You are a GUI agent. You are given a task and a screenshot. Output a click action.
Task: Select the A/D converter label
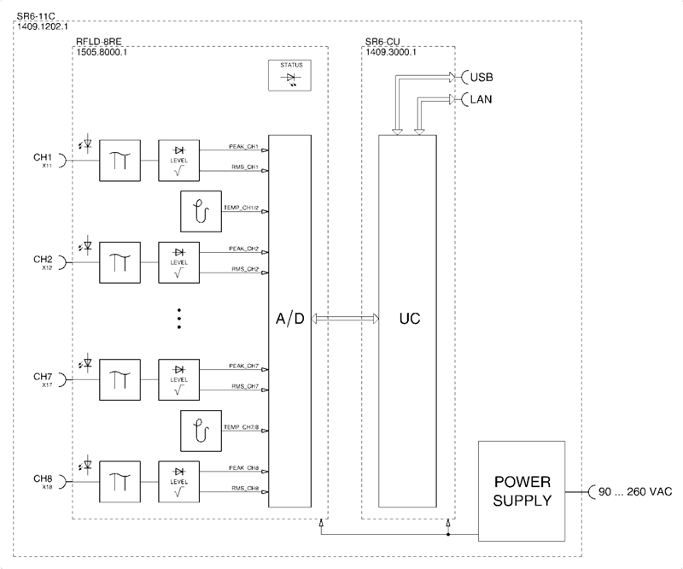[x=289, y=319]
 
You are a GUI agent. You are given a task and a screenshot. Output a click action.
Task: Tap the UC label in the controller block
[x=408, y=319]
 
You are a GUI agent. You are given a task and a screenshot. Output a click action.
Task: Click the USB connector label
[x=481, y=77]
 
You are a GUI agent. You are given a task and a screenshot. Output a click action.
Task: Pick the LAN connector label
[x=481, y=99]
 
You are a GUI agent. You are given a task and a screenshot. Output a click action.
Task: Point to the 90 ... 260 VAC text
[x=636, y=492]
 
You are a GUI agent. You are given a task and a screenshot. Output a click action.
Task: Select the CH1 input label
[x=44, y=158]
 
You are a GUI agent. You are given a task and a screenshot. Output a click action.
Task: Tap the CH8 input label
[x=44, y=478]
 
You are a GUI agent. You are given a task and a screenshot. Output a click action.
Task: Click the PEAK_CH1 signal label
[x=243, y=147]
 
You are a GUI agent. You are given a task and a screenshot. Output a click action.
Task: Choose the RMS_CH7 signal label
[x=243, y=387]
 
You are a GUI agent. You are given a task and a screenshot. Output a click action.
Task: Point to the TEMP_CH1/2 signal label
[x=242, y=208]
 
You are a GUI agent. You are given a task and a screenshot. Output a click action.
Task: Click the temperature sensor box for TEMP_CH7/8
[x=201, y=431]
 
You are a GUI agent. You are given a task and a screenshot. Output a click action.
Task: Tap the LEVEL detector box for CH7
[x=178, y=378]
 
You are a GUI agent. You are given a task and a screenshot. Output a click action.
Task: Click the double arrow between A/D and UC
[x=345, y=319]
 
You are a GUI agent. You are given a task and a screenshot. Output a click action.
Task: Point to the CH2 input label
[x=44, y=259]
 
